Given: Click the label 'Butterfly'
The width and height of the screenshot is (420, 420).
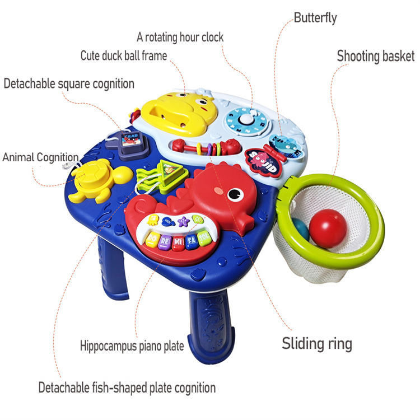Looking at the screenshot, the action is click(316, 18).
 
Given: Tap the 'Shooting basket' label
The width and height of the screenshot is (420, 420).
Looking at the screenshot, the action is click(376, 56).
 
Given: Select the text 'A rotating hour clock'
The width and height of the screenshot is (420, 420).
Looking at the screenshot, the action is click(180, 38).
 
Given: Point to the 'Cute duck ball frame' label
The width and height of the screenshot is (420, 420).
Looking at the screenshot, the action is click(124, 55).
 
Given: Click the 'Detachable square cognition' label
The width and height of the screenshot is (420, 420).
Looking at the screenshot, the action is click(69, 84).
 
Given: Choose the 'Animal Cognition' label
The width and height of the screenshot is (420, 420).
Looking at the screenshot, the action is click(40, 157).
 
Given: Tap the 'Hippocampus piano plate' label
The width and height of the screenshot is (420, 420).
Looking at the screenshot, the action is click(132, 346).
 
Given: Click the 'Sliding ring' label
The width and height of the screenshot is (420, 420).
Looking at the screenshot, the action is click(317, 343).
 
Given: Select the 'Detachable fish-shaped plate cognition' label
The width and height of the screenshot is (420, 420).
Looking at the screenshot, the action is click(127, 387).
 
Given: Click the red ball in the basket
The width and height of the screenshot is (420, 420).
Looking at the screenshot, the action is click(328, 227).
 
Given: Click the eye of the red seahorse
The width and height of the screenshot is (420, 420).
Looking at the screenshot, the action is click(235, 194).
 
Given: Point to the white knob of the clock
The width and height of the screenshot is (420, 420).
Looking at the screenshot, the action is click(247, 119).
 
